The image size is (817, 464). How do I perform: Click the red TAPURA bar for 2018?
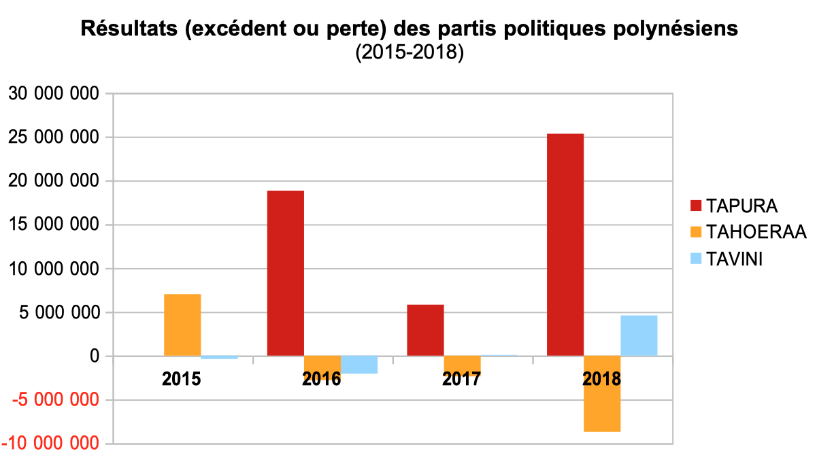pyautogui.click(x=565, y=245)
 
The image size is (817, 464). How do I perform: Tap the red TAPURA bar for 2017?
pyautogui.click(x=425, y=330)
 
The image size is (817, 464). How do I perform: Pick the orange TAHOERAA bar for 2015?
pyautogui.click(x=182, y=325)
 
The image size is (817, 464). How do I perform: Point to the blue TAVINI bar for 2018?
pyautogui.click(x=639, y=335)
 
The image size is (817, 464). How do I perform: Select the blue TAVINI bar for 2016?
pyautogui.click(x=359, y=365)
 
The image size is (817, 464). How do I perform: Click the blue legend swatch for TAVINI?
pyautogui.click(x=696, y=259)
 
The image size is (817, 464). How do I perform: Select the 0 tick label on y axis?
pyautogui.click(x=94, y=357)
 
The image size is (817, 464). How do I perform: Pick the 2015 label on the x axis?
pyautogui.click(x=181, y=379)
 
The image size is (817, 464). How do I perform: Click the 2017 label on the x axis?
pyautogui.click(x=461, y=379)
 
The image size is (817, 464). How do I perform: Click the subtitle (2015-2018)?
pyautogui.click(x=409, y=52)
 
